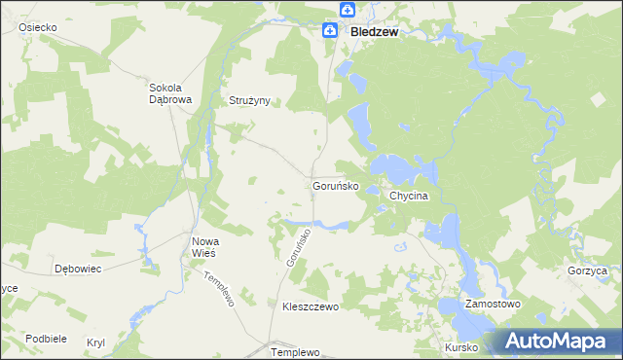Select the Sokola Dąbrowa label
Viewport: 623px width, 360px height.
coord(169,91)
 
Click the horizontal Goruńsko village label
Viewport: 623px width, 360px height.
coord(336,185)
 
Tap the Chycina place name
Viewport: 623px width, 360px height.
coord(409,196)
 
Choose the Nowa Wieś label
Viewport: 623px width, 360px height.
coord(204,247)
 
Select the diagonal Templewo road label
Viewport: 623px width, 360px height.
coord(221,288)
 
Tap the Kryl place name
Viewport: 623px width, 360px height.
coord(95,343)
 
